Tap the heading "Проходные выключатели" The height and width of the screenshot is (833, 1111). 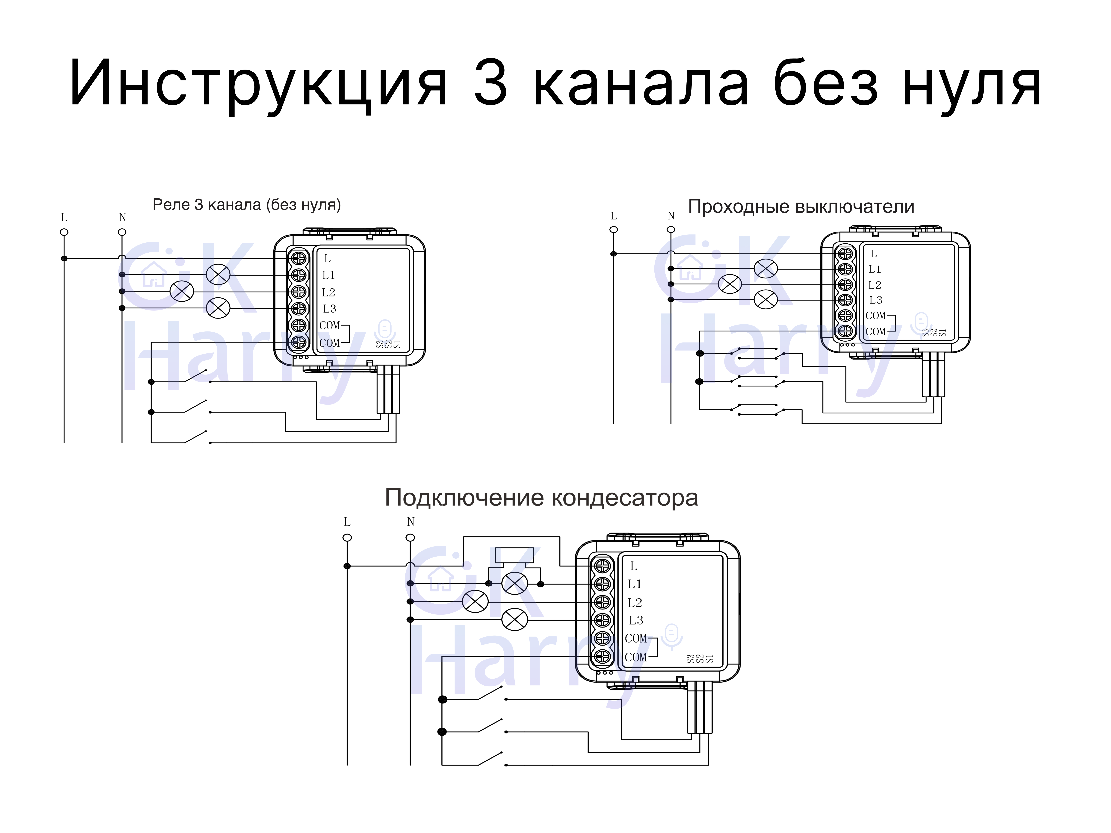pos(801,206)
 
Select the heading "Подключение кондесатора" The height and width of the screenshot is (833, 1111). pos(541,498)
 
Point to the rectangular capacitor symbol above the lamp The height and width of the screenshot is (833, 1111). pos(514,555)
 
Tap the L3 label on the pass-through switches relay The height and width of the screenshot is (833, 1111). pos(875,300)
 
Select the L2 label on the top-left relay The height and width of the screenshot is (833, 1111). pos(328,292)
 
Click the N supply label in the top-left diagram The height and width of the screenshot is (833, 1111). pos(122,217)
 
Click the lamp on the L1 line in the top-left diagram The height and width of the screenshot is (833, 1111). pos(219,275)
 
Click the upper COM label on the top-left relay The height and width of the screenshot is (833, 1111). pos(329,325)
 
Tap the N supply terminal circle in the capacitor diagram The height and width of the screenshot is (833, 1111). pos(410,538)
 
